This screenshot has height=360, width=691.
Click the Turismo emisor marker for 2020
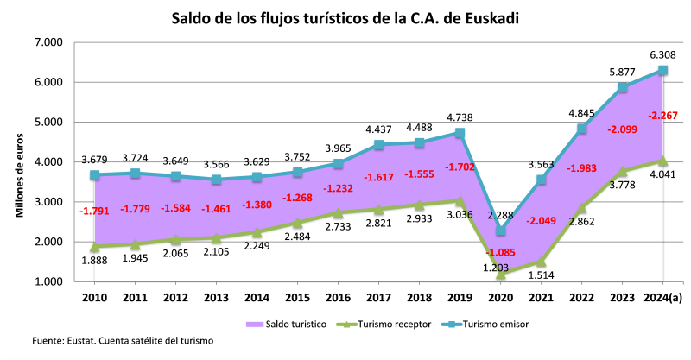501,231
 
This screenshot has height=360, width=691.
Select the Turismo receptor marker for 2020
501,274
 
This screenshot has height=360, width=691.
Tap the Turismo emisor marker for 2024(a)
662,70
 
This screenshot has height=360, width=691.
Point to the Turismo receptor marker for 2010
94,246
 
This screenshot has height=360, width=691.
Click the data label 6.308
662,54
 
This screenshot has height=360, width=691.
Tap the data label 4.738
460,117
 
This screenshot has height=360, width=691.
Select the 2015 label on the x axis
296,299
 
